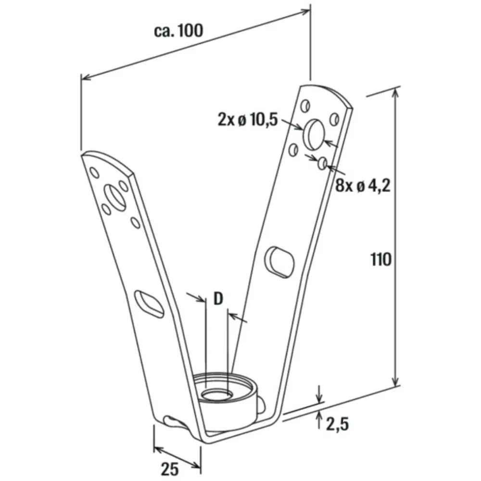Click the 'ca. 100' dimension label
coord(178,31)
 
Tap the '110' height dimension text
coord(381,260)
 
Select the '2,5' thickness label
coord(337,424)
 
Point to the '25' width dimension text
coord(170,469)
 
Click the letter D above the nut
coord(218,299)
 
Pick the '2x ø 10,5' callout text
coord(248,119)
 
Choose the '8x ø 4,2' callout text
coord(363,186)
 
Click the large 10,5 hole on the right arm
coord(314,135)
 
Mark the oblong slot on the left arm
coord(149,304)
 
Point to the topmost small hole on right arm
coord(305,106)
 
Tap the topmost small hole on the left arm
coord(94,172)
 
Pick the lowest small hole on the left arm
coord(135,223)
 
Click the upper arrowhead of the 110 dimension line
coord(396,93)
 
